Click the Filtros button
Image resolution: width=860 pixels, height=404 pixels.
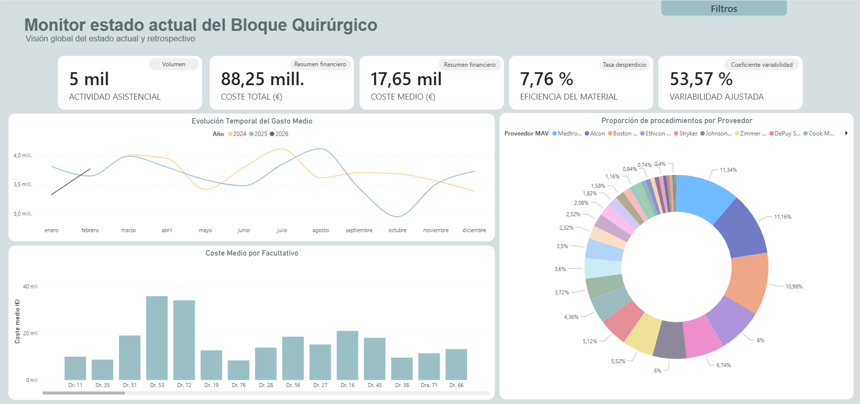point(724,8)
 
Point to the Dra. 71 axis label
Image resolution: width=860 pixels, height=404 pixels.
point(429,385)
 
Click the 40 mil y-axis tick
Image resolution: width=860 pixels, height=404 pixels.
point(30,286)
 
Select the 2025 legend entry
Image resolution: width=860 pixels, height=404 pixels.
point(258,134)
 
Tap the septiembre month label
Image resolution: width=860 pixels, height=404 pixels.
point(359,230)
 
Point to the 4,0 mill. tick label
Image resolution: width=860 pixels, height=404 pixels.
point(22,155)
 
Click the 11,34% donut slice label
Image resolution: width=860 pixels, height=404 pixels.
point(728,170)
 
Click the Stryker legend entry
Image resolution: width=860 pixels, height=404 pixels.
point(686,134)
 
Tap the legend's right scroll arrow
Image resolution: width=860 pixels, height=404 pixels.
point(846,133)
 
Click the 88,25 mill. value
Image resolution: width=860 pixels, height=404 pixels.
point(262,79)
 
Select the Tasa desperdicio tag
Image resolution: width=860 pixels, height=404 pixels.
point(624,65)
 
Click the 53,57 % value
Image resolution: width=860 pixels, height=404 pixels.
point(701,79)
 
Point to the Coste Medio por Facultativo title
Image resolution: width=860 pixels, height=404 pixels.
point(252,253)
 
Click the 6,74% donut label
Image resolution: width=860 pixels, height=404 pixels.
point(724,365)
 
